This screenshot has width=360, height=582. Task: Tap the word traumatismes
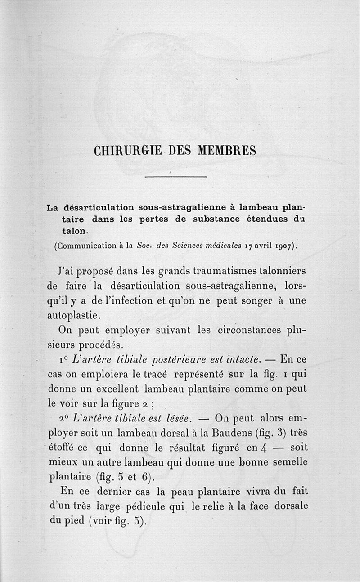point(230,271)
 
